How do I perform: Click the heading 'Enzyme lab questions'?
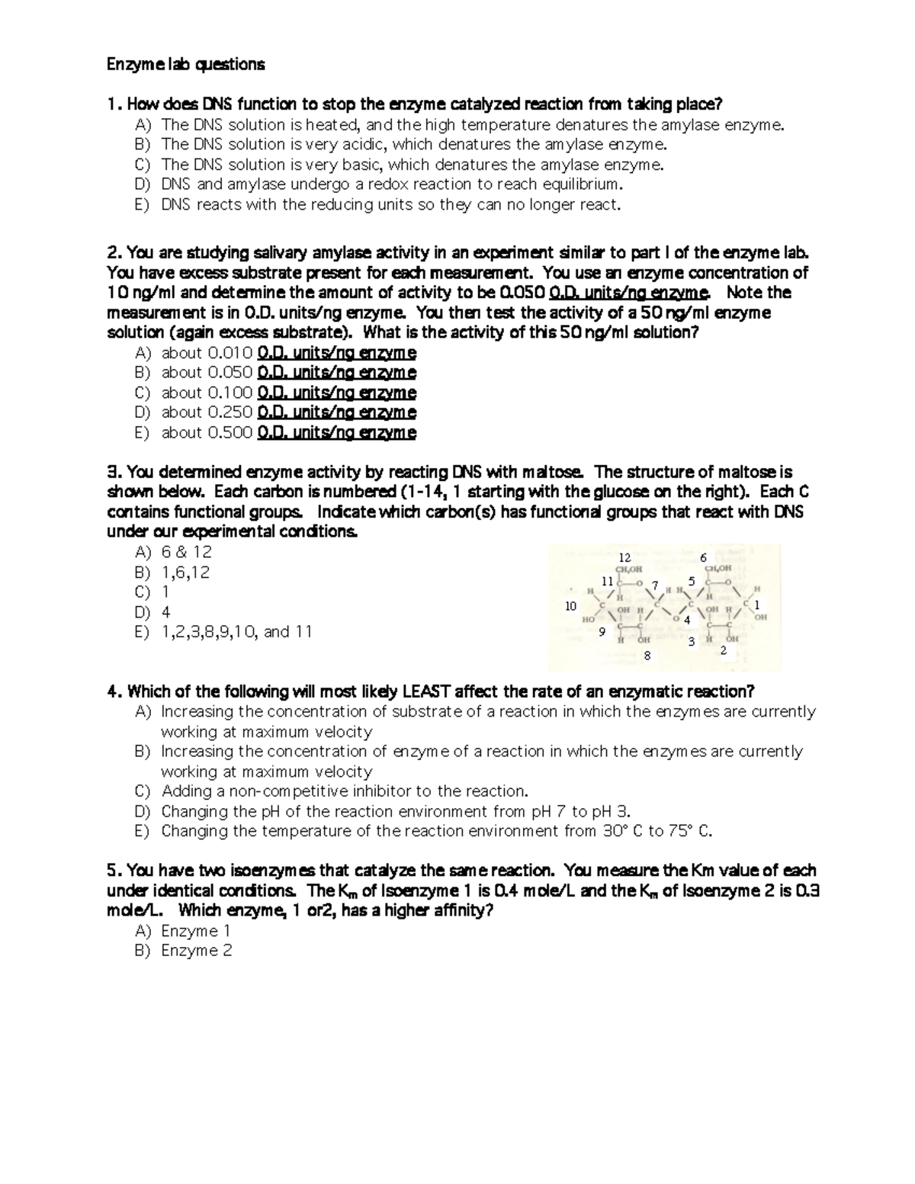(x=185, y=65)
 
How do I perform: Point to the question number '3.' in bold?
(x=113, y=473)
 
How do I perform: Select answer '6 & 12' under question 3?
(x=187, y=552)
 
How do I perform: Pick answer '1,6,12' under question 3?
(x=185, y=573)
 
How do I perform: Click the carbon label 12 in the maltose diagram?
(x=624, y=557)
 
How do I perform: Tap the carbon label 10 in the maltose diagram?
(x=570, y=606)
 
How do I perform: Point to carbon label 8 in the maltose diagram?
(x=647, y=655)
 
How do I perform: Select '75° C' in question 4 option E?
(x=689, y=831)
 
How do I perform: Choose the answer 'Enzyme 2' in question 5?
(x=196, y=951)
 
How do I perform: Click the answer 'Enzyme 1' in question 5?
(x=195, y=931)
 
